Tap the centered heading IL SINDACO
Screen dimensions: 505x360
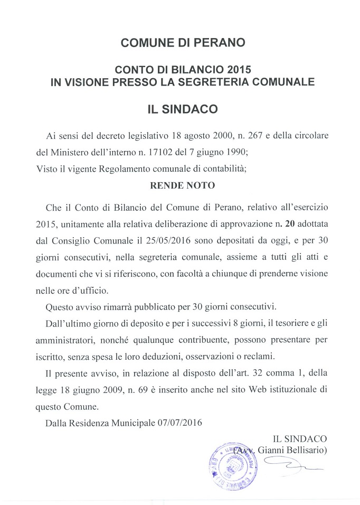point(183,110)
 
